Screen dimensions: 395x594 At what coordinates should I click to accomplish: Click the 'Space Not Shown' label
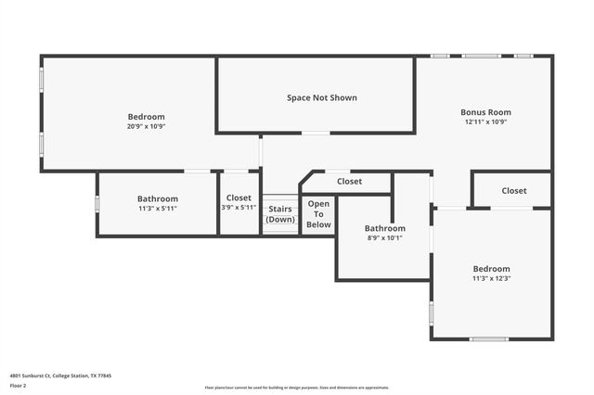tap(321, 97)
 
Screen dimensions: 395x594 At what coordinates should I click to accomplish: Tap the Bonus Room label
tap(485, 112)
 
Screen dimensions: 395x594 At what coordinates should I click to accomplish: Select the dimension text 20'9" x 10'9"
tap(147, 126)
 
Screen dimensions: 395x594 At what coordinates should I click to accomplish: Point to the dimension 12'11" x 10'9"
tap(485, 121)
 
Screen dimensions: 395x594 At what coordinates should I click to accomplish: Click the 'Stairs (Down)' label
tap(279, 214)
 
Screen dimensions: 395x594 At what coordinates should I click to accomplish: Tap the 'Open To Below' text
tap(318, 213)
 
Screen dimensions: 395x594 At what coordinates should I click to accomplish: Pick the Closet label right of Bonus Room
tap(514, 191)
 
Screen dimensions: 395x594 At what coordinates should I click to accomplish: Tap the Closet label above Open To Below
tap(349, 182)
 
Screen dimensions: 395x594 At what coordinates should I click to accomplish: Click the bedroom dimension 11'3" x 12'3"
tap(491, 278)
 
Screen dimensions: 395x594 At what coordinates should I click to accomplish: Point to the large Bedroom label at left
tap(147, 117)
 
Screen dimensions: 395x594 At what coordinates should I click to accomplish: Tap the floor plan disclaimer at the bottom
tap(296, 388)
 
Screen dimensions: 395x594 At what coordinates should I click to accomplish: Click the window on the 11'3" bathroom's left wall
tap(97, 203)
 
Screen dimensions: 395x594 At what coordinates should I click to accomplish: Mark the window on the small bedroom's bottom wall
tap(489, 338)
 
